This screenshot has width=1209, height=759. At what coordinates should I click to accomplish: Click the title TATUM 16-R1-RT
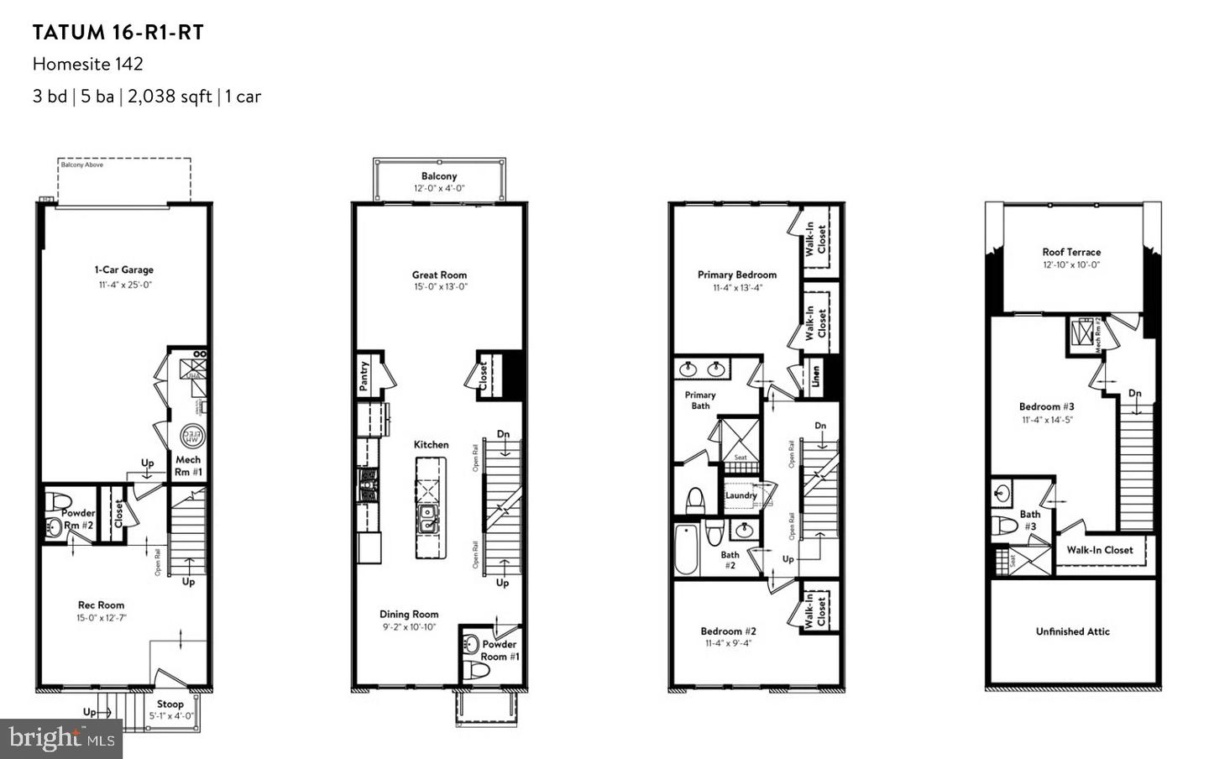[118, 33]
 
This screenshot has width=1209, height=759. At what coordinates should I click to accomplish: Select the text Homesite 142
[88, 64]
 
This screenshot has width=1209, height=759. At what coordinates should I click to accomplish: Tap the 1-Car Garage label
[123, 270]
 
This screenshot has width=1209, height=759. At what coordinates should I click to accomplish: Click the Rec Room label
[101, 605]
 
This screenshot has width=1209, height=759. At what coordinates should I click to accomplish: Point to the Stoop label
[170, 704]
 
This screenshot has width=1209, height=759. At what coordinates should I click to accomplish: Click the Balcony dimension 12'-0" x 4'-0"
[439, 188]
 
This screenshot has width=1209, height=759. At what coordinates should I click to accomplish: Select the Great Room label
[439, 275]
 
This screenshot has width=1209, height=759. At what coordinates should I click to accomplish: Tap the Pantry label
[364, 376]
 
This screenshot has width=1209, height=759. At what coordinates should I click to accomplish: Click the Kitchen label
[431, 444]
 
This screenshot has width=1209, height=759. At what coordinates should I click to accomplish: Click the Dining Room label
[409, 614]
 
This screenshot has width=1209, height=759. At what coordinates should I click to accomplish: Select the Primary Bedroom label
[737, 275]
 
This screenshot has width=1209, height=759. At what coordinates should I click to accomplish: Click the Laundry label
[741, 495]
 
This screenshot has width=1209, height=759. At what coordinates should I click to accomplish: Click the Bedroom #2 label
[729, 631]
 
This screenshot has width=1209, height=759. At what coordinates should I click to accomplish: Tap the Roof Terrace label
[1071, 252]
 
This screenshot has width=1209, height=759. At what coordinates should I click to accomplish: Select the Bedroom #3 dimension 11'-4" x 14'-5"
[1047, 420]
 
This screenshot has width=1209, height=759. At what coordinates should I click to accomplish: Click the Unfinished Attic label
[1072, 631]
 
